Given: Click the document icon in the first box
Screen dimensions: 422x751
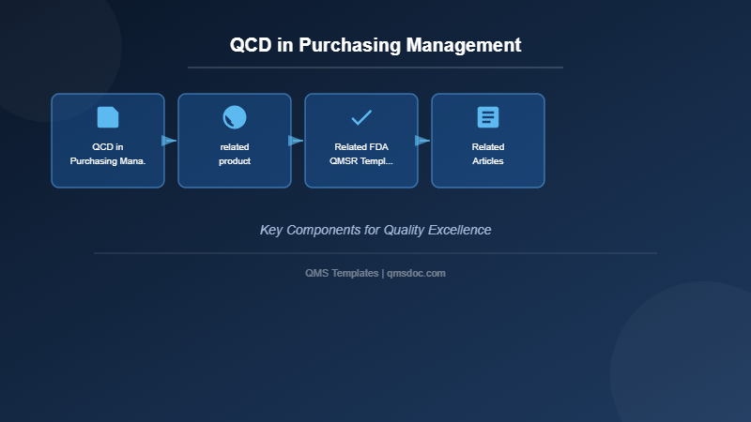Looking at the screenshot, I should tap(108, 117).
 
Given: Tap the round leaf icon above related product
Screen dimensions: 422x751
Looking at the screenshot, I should tap(235, 117).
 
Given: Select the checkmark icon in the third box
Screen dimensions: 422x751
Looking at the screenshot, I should tap(361, 117).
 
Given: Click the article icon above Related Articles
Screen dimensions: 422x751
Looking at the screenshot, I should tap(488, 117).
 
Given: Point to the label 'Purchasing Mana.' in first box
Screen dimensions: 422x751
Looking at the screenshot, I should tap(108, 161).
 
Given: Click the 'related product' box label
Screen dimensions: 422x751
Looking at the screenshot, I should tap(235, 154).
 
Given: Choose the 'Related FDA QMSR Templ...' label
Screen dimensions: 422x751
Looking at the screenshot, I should tap(361, 154).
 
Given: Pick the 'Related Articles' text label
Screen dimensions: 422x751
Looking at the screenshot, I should tap(488, 154).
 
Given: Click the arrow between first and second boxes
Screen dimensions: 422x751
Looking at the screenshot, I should tap(169, 141).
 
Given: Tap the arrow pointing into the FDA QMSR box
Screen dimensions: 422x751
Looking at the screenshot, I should tap(296, 141).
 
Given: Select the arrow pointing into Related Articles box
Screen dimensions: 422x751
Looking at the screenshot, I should tap(422, 141).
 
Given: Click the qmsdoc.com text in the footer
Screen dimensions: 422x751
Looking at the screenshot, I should tap(416, 273).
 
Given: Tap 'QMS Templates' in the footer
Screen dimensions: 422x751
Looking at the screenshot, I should tap(342, 273).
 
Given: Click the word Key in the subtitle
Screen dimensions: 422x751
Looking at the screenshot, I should tap(271, 230).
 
